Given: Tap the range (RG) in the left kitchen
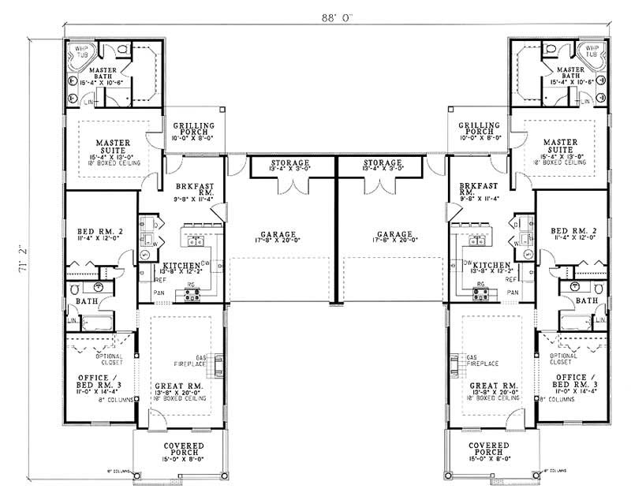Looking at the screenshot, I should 192,295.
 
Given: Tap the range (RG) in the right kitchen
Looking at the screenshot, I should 480,295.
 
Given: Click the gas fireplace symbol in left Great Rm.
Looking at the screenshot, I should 218,364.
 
